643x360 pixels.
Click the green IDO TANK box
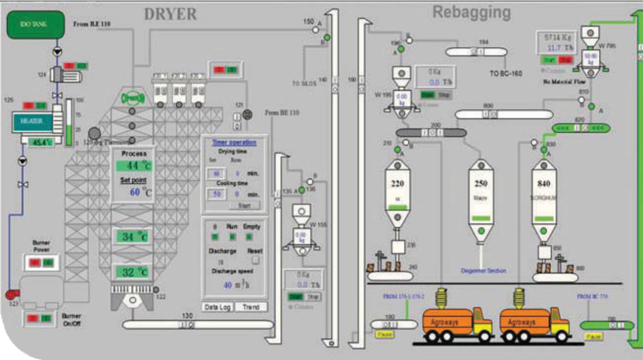35,25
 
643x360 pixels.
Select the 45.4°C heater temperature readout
42,142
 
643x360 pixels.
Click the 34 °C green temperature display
133,237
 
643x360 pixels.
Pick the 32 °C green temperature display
133,273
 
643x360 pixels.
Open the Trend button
250,307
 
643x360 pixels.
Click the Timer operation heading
234,143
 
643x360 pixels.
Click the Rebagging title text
471,12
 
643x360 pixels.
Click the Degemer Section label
484,271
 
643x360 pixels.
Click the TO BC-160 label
506,72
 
